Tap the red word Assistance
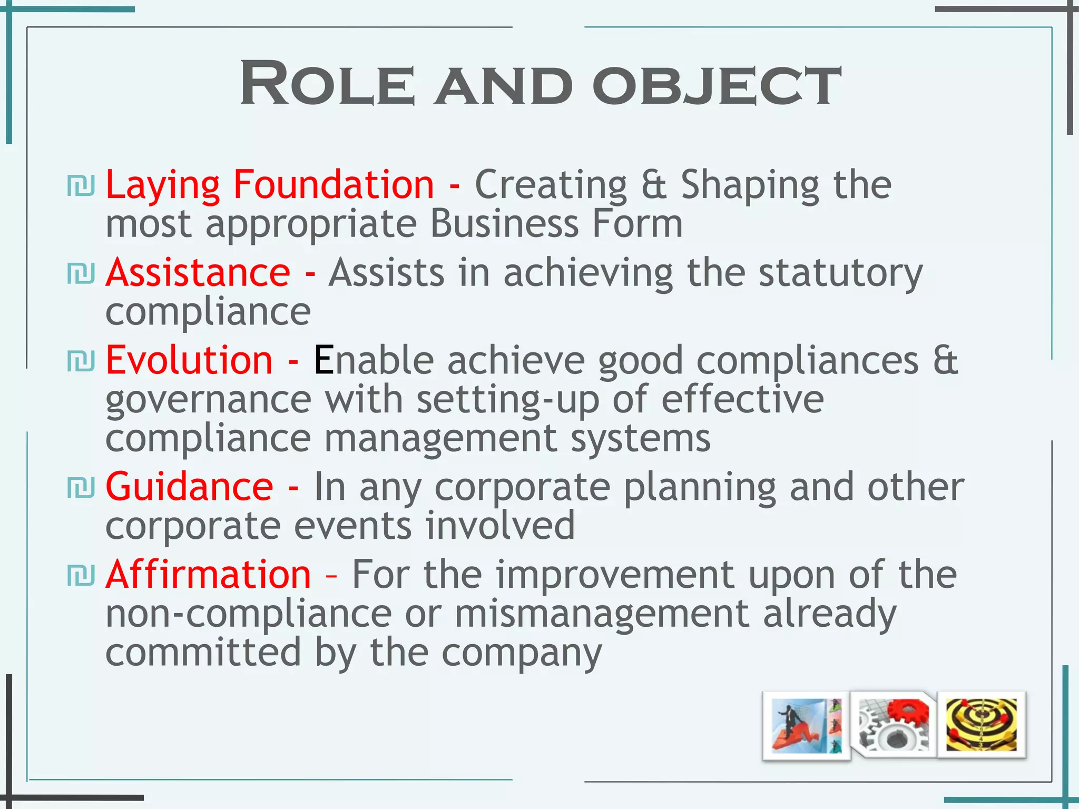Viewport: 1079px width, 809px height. point(198,272)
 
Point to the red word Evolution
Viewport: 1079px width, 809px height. point(189,360)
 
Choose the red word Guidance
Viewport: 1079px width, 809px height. point(189,487)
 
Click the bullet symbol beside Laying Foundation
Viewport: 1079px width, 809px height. point(81,186)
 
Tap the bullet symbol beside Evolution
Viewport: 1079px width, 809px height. point(81,361)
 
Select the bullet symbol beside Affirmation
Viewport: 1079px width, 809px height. point(81,575)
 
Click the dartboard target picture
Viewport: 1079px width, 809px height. point(981,725)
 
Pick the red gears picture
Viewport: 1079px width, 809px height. point(894,725)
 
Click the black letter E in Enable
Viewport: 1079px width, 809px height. point(323,360)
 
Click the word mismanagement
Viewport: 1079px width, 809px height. point(602,614)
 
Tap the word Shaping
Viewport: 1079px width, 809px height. point(750,186)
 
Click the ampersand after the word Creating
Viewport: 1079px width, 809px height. point(654,185)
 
